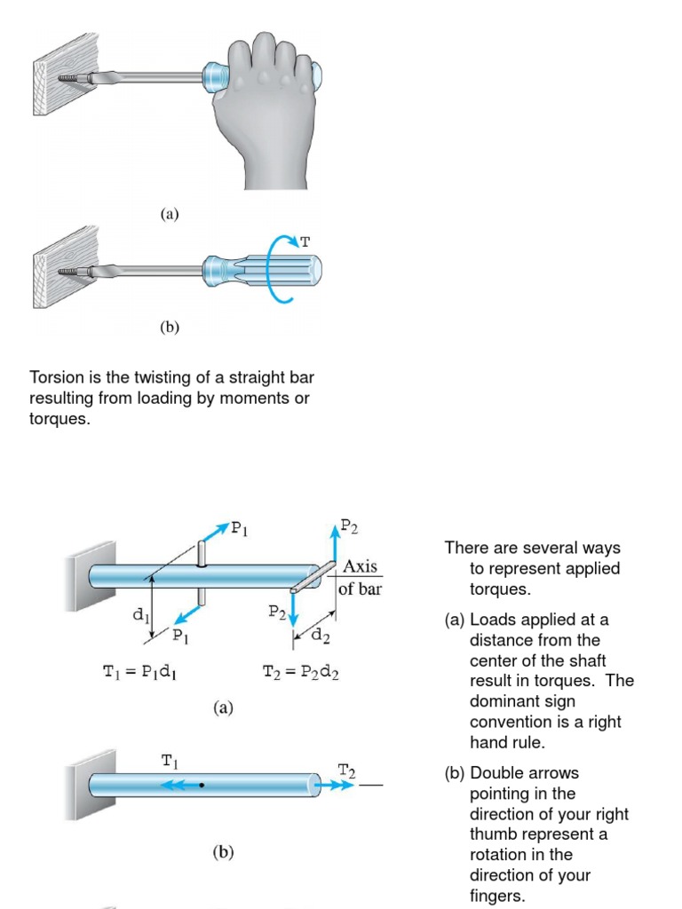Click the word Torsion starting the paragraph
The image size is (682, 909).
tap(56, 378)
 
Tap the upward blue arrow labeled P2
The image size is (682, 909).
tap(335, 542)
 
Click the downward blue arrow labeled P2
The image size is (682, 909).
tap(294, 608)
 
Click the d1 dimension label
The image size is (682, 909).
tap(140, 613)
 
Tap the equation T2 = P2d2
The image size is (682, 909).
tap(301, 673)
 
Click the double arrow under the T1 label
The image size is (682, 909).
tap(174, 786)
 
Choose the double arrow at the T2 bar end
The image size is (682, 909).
tap(338, 786)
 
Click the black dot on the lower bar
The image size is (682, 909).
tap(202, 786)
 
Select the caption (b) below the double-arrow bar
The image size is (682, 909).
tap(223, 853)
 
